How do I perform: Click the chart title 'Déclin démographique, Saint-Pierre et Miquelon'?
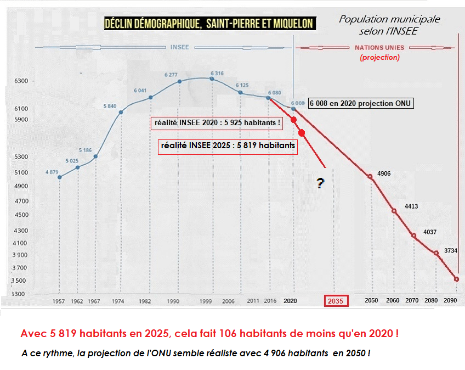pos(209,23)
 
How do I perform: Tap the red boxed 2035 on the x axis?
pos(336,301)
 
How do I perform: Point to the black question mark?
pos(320,184)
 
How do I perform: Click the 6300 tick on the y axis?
pos(21,81)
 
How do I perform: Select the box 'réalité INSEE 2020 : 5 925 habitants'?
pos(217,123)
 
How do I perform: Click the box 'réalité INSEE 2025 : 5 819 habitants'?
pos(228,147)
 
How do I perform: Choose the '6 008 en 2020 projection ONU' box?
pos(360,103)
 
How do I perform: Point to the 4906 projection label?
pos(384,173)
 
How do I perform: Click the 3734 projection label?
pos(451,250)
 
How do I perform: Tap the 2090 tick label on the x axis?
pos(450,301)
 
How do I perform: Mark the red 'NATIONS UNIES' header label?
pos(380,48)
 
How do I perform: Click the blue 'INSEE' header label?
pos(179,47)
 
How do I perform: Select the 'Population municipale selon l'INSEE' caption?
pos(389,25)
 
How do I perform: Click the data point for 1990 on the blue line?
pos(179,82)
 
